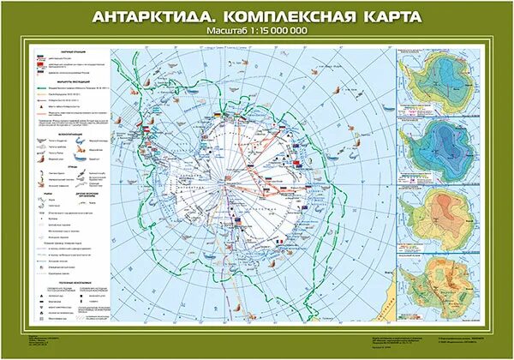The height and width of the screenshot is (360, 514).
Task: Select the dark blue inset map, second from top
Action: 437,151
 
